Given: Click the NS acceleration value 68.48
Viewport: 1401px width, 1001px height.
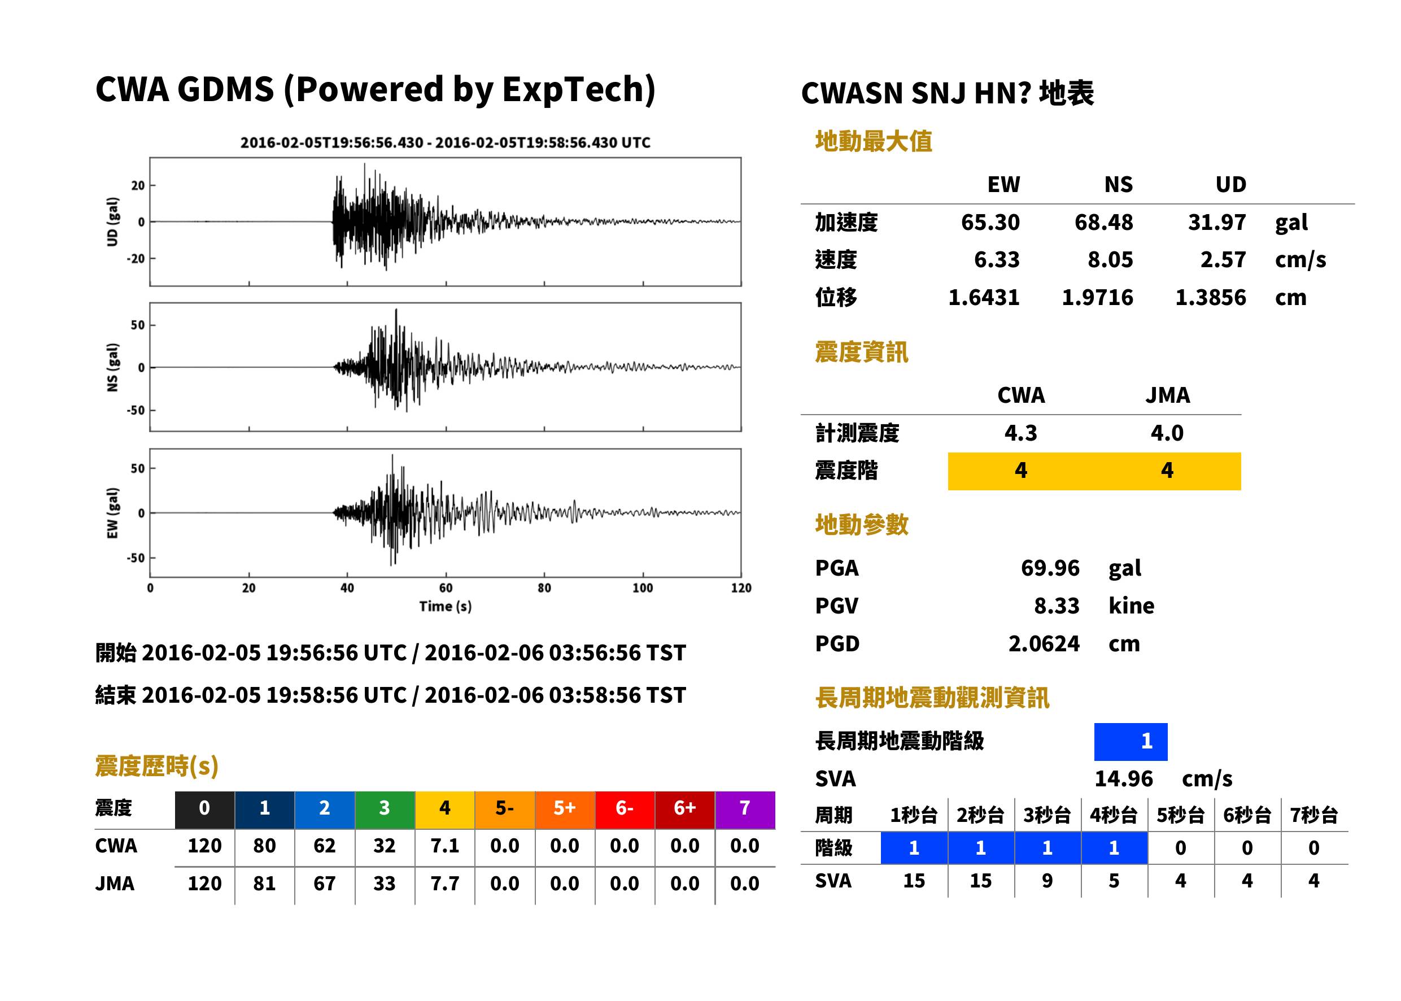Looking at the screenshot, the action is coord(1103,223).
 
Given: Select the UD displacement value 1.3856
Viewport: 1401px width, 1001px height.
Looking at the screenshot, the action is coord(1210,298).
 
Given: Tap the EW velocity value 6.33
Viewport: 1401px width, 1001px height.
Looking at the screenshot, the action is coord(996,260).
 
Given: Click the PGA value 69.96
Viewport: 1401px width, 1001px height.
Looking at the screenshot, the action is coord(1050,568).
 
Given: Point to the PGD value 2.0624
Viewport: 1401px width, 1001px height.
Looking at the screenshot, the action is coord(1044,643).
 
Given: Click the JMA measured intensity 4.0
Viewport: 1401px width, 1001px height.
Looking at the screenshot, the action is coord(1167,433).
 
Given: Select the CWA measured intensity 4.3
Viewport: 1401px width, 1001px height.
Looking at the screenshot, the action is coord(1021,433).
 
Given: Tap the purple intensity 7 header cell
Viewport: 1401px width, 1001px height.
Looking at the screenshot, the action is coord(745,810).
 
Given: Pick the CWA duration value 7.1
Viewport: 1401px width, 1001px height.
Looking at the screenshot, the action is coord(445,846).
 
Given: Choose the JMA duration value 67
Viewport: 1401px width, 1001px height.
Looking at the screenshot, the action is coord(324,884).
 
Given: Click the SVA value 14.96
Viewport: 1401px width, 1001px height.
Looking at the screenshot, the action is coord(1123,779).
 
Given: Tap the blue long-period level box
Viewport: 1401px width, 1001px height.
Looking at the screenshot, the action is coord(1131,742).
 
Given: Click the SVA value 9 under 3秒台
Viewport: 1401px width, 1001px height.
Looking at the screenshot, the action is coord(1047,881).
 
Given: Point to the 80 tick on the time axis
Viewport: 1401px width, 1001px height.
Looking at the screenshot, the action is coord(544,588).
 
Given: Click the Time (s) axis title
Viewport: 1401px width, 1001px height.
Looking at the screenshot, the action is coord(446,607).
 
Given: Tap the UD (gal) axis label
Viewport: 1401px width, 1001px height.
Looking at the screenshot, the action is coord(112,222).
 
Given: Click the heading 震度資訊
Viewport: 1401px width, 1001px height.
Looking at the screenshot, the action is coord(861,352).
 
